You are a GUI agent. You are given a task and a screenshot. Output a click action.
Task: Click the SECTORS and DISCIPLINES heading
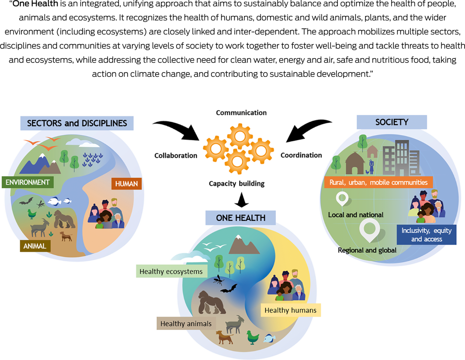click(x=77, y=123)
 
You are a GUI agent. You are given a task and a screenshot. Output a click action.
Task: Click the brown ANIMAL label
click(x=35, y=246)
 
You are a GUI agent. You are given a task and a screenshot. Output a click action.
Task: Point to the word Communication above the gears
click(x=241, y=113)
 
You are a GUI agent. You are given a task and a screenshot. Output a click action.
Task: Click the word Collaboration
click(x=176, y=156)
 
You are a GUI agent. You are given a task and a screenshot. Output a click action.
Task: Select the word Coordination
click(x=301, y=155)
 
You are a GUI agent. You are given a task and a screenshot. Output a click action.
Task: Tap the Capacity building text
click(x=236, y=183)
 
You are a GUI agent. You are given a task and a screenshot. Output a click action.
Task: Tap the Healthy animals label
click(x=186, y=324)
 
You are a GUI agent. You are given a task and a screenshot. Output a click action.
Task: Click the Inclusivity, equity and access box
click(x=426, y=235)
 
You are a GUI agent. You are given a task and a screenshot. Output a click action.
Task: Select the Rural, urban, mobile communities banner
click(x=378, y=182)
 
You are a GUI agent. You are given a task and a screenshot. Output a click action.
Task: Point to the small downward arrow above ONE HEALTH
click(x=241, y=199)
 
